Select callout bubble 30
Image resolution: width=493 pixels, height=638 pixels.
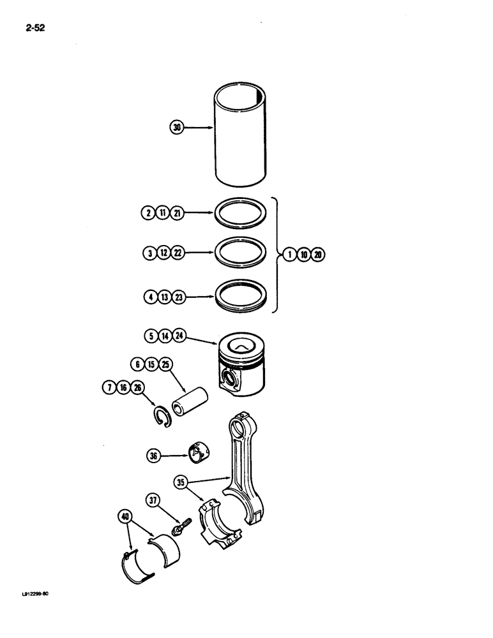click(177, 128)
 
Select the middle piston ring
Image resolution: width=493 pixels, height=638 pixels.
click(242, 253)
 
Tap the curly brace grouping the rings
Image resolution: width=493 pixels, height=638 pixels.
click(277, 255)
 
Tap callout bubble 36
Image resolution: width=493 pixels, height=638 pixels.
click(153, 456)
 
